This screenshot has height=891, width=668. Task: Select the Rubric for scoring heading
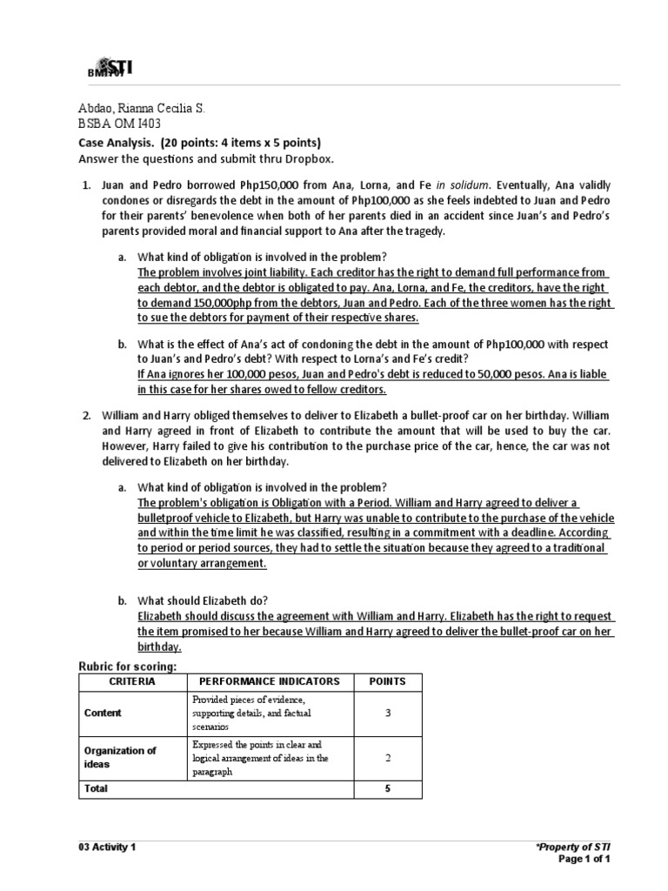(x=121, y=666)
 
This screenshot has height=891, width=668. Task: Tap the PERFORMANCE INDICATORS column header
(x=271, y=681)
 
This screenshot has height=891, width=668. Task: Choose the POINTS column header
(x=388, y=681)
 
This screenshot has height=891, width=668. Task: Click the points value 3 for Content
(x=388, y=713)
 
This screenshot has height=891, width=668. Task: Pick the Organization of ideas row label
(x=119, y=757)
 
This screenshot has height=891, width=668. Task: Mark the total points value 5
(x=388, y=788)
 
